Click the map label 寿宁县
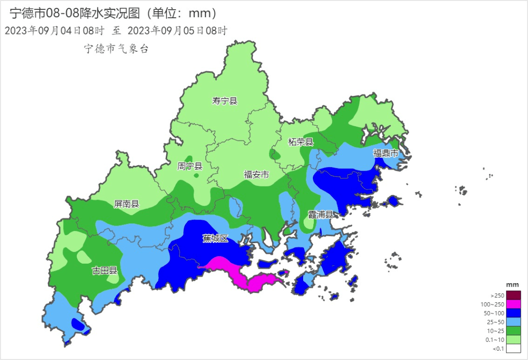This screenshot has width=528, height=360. (x=224, y=101)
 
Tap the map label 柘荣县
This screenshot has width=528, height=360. (x=300, y=142)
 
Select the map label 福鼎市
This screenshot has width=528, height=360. (x=386, y=153)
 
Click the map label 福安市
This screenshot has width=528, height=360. (x=256, y=174)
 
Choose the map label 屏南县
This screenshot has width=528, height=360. (x=127, y=204)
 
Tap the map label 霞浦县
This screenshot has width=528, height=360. (x=320, y=215)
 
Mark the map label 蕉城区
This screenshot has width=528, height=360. (x=216, y=238)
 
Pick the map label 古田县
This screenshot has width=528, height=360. (x=105, y=270)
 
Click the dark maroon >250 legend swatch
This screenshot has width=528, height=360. (x=513, y=295)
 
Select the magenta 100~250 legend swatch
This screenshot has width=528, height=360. (x=513, y=304)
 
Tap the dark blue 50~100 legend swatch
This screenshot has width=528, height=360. (x=513, y=313)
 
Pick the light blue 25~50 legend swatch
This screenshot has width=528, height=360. (x=513, y=322)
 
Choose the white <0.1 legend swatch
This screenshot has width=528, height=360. (x=513, y=348)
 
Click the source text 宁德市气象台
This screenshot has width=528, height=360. (x=116, y=48)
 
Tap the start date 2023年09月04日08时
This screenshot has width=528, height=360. (x=54, y=30)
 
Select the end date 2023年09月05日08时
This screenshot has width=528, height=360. (x=177, y=30)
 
